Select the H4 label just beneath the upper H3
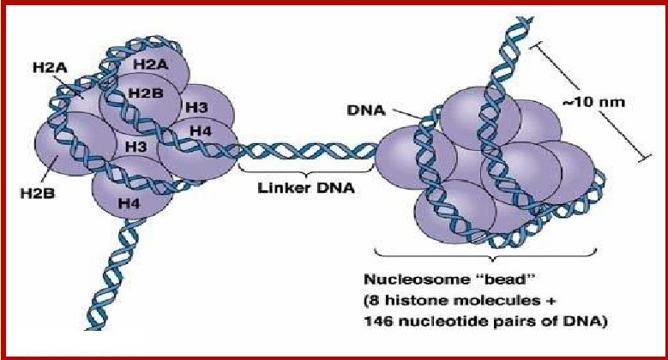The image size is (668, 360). tap(201, 130)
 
